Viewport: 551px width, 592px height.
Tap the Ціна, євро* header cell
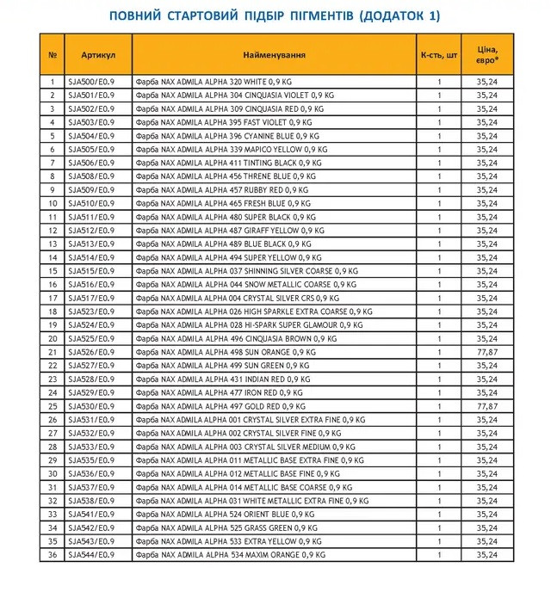tap(487, 54)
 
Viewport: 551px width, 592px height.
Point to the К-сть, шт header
tap(438, 54)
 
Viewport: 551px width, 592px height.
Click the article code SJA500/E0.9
tap(89, 82)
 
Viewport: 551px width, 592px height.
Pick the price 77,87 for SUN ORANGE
tap(487, 352)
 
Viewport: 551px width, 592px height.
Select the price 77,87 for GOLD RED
tap(487, 406)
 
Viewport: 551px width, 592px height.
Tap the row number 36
tap(52, 555)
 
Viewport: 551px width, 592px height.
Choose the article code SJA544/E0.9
tap(89, 555)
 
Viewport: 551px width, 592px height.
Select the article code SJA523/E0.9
tap(89, 311)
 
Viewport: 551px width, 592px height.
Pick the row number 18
tap(52, 311)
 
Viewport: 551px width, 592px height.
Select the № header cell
tap(52, 54)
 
